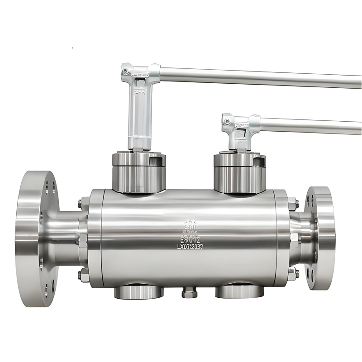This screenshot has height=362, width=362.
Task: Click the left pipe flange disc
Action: [34, 238]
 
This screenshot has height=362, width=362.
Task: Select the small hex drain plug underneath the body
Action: [190, 293]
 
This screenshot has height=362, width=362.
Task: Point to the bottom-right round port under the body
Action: [239, 291]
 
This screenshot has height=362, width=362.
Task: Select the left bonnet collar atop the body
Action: [139, 172]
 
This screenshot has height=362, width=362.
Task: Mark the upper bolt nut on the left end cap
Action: [82, 203]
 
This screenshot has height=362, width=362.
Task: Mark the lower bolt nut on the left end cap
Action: [82, 274]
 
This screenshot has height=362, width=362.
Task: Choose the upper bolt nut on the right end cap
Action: [293, 202]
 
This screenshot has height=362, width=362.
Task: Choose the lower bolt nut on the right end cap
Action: [293, 273]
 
